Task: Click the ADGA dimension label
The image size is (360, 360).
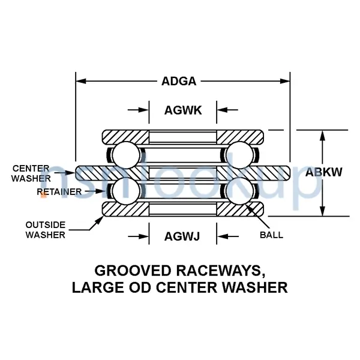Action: [x=182, y=80]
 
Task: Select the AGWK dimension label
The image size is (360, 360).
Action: [x=182, y=110]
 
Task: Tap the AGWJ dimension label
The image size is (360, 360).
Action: [x=182, y=236]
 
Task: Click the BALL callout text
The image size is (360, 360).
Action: [x=271, y=235]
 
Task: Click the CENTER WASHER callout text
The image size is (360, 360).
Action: [x=31, y=173]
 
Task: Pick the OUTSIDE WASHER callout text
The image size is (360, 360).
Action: [x=45, y=230]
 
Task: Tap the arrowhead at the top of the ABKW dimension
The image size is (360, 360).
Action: [x=323, y=135]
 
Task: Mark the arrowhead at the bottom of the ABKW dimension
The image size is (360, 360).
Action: [x=323, y=210]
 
